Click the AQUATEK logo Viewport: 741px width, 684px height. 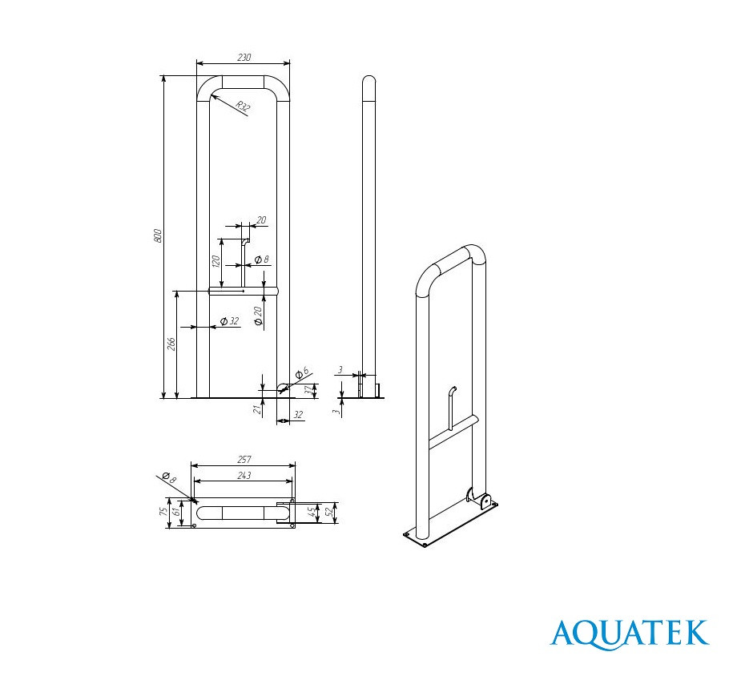(x=630, y=633)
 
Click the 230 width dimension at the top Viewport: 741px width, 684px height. (x=244, y=58)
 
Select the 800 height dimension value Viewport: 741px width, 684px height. (x=158, y=235)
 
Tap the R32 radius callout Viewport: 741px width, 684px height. (x=243, y=107)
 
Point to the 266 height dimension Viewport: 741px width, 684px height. (x=171, y=344)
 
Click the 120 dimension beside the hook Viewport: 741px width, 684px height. (x=215, y=262)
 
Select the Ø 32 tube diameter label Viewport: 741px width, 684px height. (x=230, y=321)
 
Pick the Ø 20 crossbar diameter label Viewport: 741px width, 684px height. (x=258, y=316)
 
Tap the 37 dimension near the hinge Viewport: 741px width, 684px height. (x=308, y=390)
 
